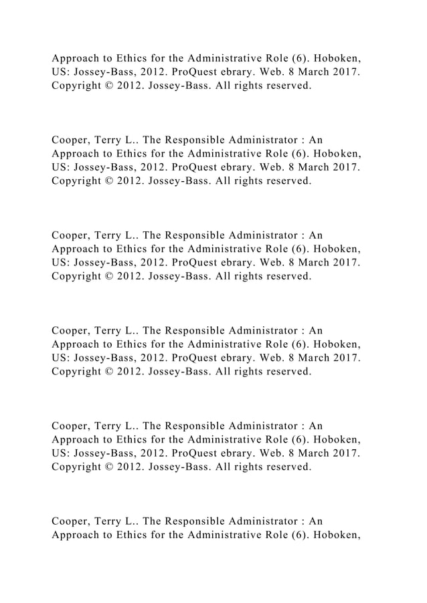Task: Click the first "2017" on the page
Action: click(x=347, y=74)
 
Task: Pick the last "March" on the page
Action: click(x=311, y=453)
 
